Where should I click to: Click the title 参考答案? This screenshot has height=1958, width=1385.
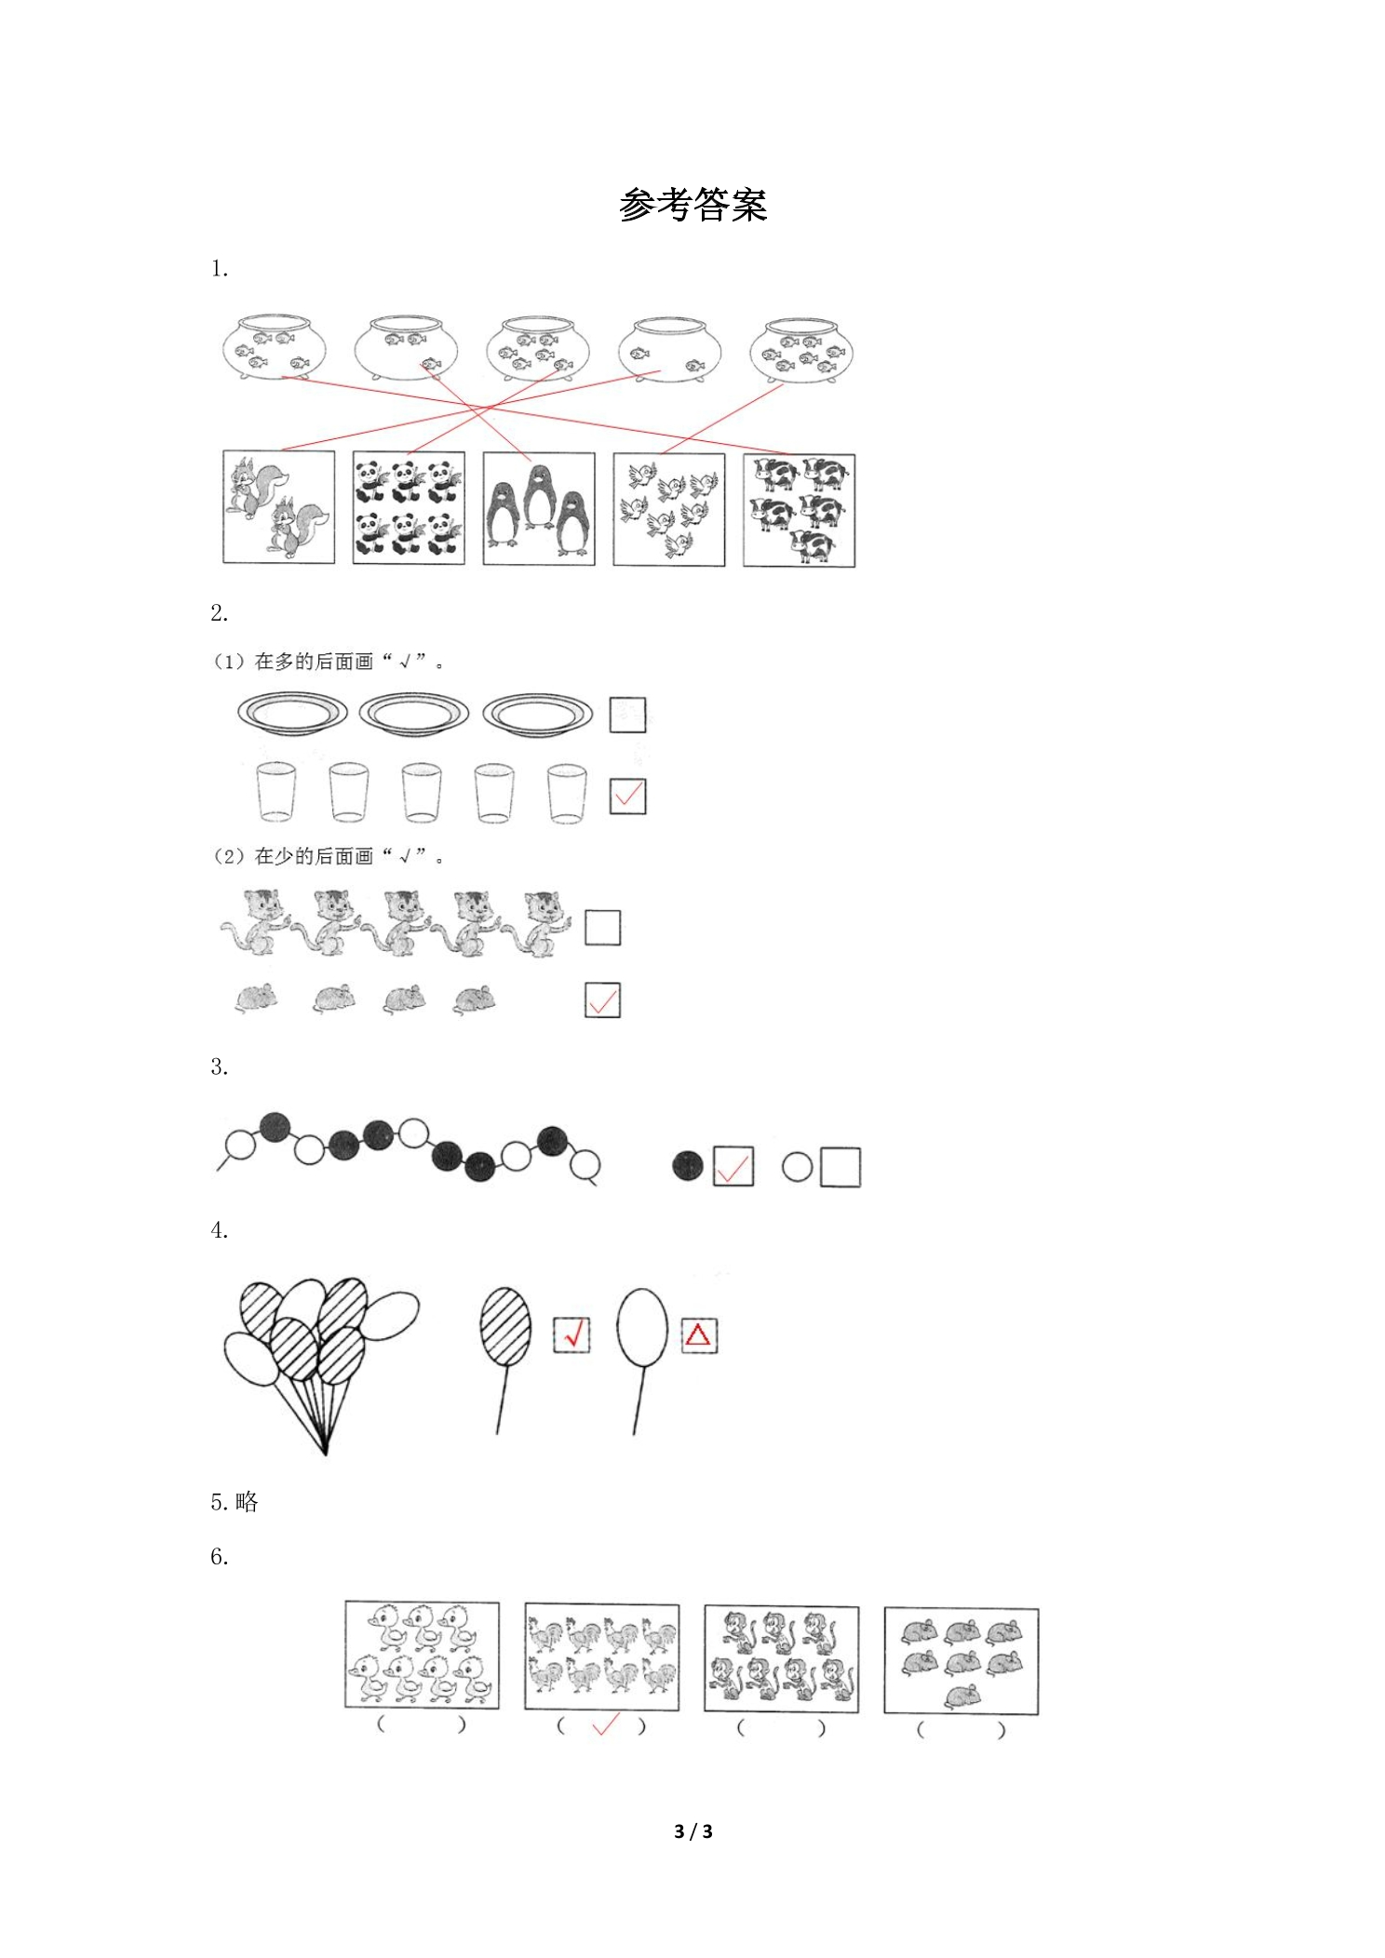point(692,205)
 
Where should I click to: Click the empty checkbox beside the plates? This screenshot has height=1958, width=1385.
point(627,715)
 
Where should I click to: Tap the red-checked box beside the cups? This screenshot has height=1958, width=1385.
point(627,797)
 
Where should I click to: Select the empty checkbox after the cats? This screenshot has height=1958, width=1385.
point(602,928)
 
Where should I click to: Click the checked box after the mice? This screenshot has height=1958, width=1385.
point(602,1000)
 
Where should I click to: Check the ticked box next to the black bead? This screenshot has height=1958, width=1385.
point(733,1166)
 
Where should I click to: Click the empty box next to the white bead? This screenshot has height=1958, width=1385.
point(841,1167)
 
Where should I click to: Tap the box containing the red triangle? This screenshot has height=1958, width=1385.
point(699,1335)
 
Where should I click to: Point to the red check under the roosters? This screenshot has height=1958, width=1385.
point(605,1725)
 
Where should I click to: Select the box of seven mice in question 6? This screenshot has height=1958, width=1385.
point(961,1661)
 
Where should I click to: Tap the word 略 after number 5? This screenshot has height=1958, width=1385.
point(247,1502)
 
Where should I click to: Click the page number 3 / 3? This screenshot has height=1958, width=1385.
point(693,1831)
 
